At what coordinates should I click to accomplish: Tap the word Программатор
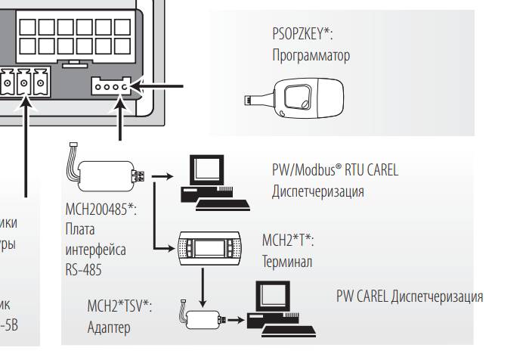(x=311, y=56)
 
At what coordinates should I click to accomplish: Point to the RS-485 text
(x=83, y=268)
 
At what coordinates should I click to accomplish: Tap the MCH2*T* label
(x=286, y=241)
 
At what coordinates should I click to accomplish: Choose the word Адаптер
(x=109, y=327)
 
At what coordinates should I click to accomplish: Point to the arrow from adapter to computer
(x=236, y=320)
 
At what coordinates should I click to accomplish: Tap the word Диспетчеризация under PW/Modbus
(x=318, y=191)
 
